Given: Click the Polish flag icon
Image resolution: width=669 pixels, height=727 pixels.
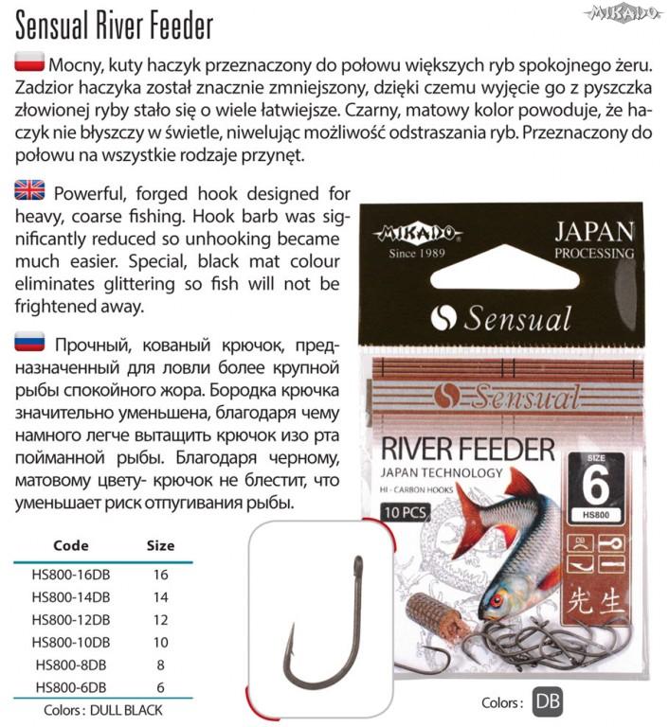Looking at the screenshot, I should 29,63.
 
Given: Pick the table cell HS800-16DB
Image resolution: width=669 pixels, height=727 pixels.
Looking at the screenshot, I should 71,574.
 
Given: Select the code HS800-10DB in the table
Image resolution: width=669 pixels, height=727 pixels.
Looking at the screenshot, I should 71,642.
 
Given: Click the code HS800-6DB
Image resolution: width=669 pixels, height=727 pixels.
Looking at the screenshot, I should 71,687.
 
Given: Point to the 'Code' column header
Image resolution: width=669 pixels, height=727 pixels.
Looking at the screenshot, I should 71,545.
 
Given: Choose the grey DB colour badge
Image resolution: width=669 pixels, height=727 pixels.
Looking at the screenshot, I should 549,701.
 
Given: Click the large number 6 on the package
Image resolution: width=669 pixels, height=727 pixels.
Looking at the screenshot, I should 594,487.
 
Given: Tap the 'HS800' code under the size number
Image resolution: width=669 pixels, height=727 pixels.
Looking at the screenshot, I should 594,518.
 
